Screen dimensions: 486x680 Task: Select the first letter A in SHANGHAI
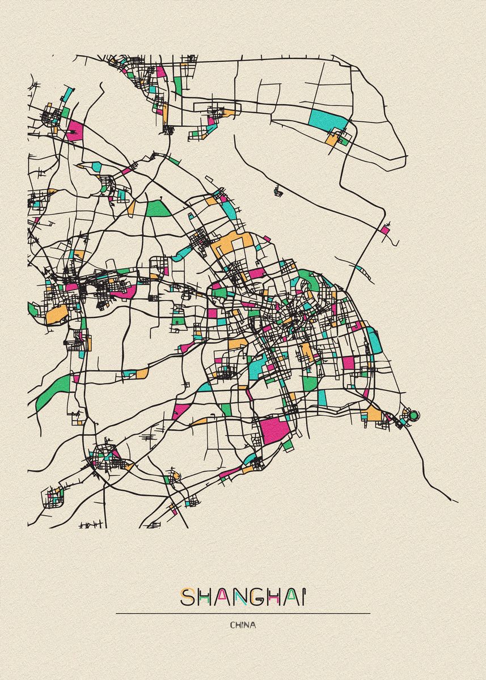pos(221,597)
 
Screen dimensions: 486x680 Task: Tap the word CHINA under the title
pos(243,625)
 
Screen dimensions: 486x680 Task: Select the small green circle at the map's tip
pos(413,415)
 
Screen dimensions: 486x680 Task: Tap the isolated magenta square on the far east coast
pos(385,230)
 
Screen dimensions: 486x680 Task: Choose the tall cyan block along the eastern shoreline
pos(374,339)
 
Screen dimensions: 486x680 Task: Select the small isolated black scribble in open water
pos(278,192)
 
